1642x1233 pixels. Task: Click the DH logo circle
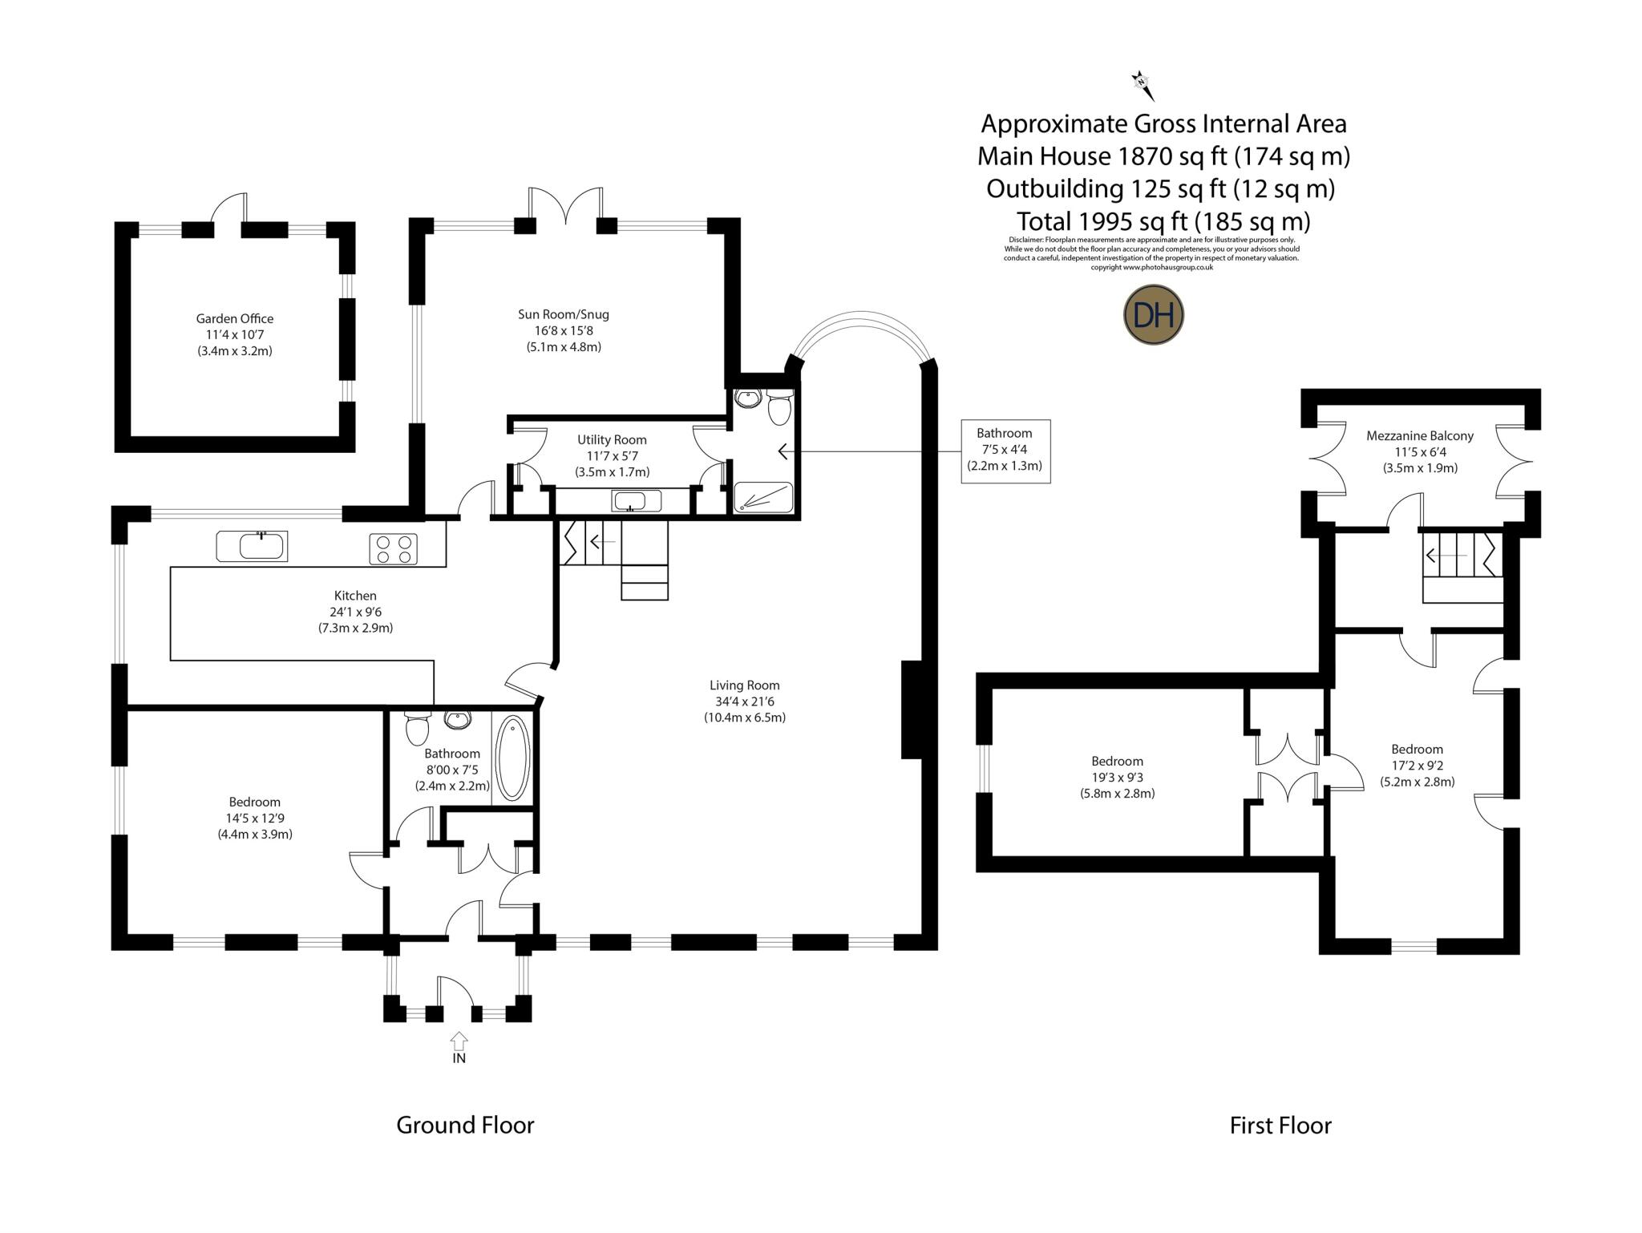(1153, 315)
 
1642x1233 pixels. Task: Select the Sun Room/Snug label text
(568, 314)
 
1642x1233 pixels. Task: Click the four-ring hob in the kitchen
(394, 549)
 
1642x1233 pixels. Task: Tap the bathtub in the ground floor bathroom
(512, 758)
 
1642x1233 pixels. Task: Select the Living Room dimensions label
(744, 701)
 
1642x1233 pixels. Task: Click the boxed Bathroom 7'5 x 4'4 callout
(1005, 451)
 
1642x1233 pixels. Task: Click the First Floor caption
(1280, 1126)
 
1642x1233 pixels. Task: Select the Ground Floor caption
(465, 1125)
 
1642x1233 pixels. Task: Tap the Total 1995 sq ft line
(1163, 220)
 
